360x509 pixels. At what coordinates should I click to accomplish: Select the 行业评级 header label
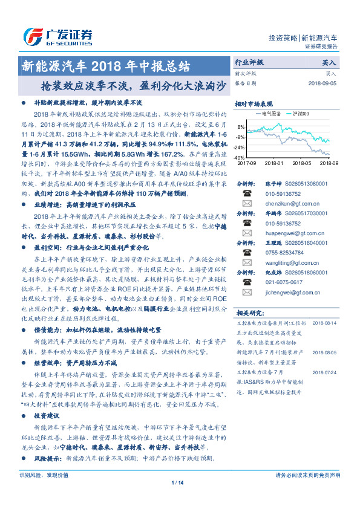click(x=249, y=62)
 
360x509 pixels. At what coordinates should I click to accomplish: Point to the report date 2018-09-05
click(x=323, y=83)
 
